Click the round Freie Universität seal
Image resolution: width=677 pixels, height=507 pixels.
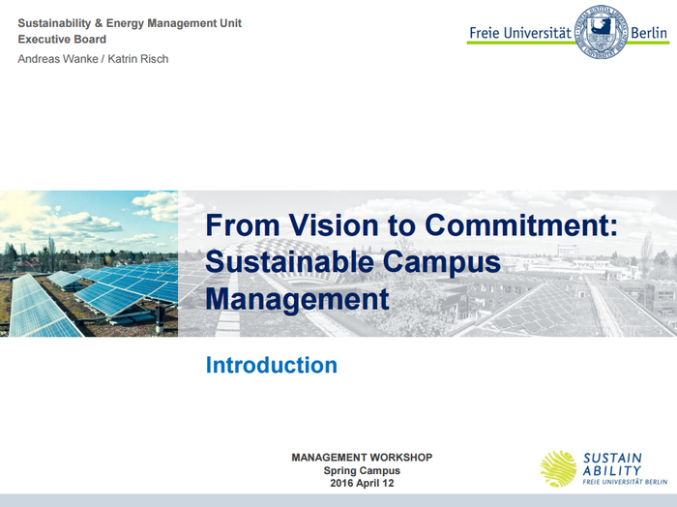coord(601,31)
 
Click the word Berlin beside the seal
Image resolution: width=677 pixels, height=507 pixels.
coord(648,32)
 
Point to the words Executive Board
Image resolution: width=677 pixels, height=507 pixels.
coord(62,40)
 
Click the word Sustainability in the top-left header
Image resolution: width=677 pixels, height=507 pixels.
coord(54,22)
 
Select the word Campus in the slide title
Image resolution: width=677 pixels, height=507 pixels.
coord(444,262)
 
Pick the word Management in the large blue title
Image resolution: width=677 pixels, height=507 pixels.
coord(297,298)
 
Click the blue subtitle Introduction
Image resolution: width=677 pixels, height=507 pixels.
coord(271,365)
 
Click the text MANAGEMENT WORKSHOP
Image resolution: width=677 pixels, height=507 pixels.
coord(362,457)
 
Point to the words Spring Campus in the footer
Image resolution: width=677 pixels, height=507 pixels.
coord(362,470)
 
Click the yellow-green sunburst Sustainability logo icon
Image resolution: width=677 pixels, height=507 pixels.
coord(559,468)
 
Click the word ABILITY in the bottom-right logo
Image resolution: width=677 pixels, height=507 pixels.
coord(611,470)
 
